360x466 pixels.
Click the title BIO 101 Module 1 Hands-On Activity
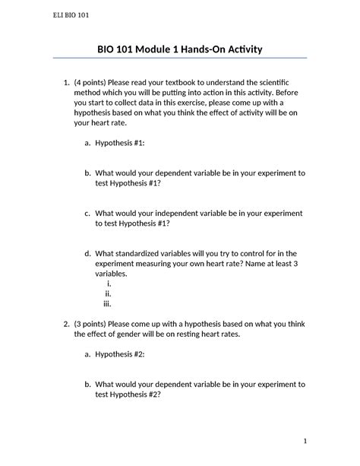click(179, 50)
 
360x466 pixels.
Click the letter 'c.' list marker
click(87, 214)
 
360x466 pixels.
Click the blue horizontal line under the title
click(179, 59)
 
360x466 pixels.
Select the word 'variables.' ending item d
click(111, 274)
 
